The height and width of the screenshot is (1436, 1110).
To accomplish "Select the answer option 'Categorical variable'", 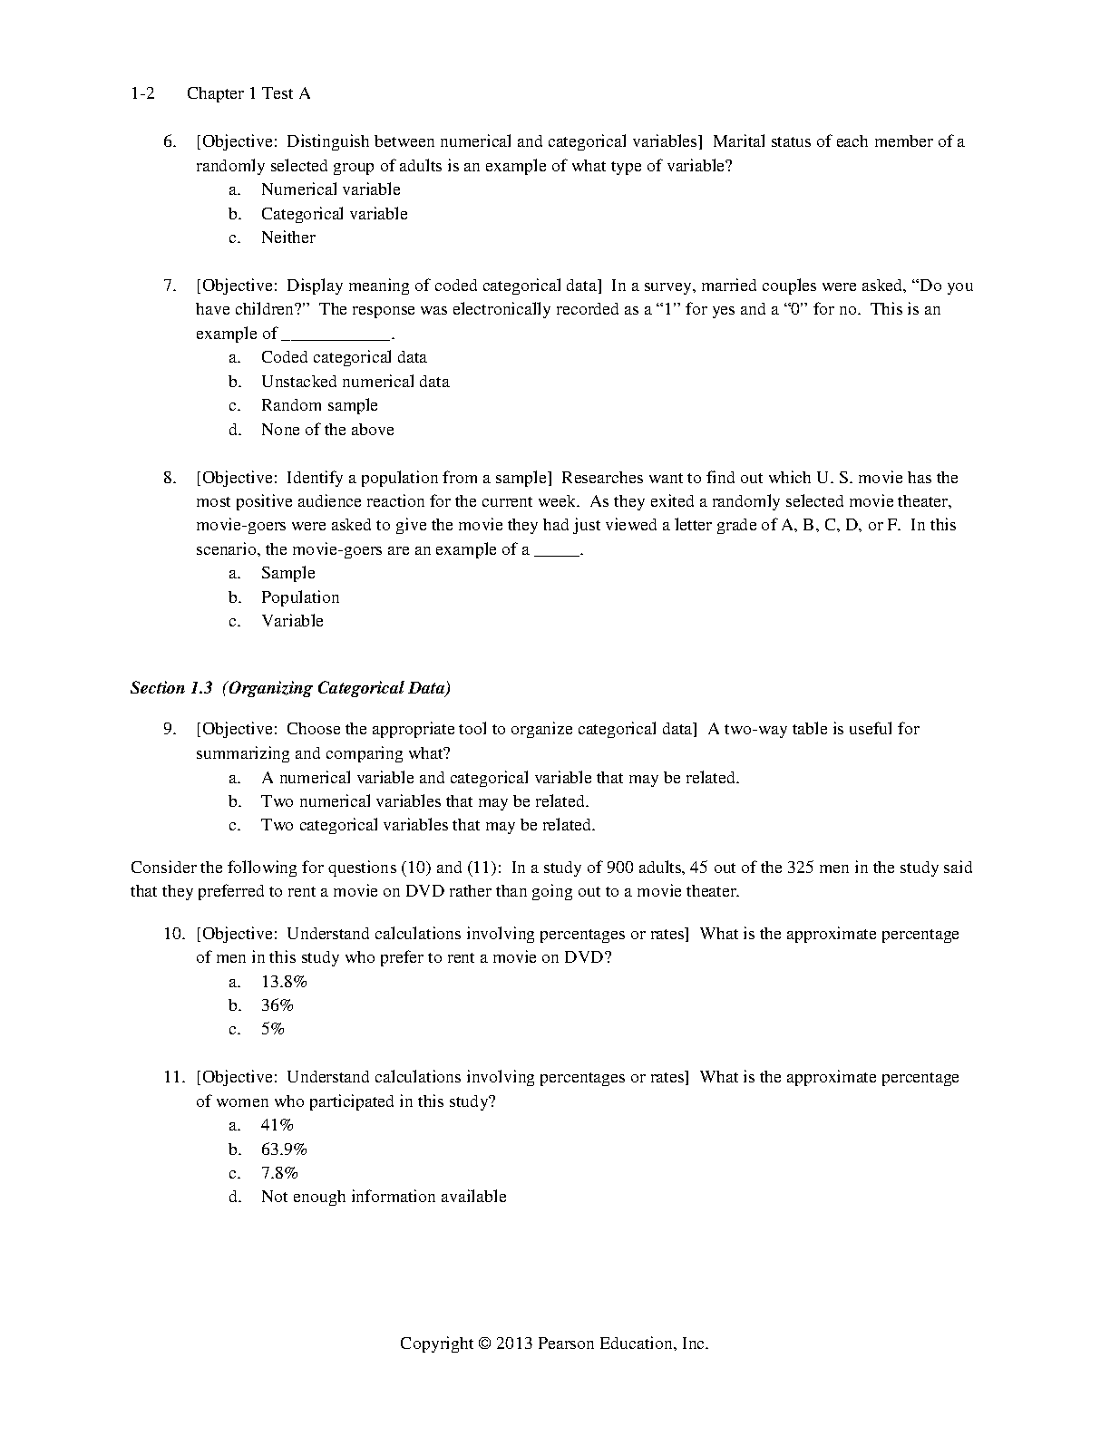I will (x=334, y=214).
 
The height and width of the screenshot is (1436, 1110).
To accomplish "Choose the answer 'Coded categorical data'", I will (x=344, y=357).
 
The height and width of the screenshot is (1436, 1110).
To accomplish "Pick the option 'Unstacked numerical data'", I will (x=355, y=382).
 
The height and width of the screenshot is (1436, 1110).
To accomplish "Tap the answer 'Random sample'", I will (x=319, y=405).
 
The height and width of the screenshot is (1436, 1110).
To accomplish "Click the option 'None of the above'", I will (x=327, y=430).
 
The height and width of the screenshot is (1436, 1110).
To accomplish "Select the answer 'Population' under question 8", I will (x=300, y=597).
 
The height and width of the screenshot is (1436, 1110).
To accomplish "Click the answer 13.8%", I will (x=284, y=982).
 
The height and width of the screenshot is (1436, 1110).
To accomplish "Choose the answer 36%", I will (x=277, y=1005).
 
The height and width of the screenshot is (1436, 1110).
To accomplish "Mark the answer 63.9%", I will (x=284, y=1150).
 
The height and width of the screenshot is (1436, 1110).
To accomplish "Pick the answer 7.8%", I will (x=279, y=1173).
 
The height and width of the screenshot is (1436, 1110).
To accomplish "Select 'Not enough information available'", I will (x=384, y=1197).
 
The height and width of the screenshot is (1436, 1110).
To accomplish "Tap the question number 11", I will (x=173, y=1077).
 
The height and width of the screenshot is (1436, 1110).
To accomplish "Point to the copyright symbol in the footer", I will (x=483, y=1344).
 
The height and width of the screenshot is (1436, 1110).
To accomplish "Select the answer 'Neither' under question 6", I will (x=288, y=238).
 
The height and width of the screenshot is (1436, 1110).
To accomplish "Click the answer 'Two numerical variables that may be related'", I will (x=424, y=801).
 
